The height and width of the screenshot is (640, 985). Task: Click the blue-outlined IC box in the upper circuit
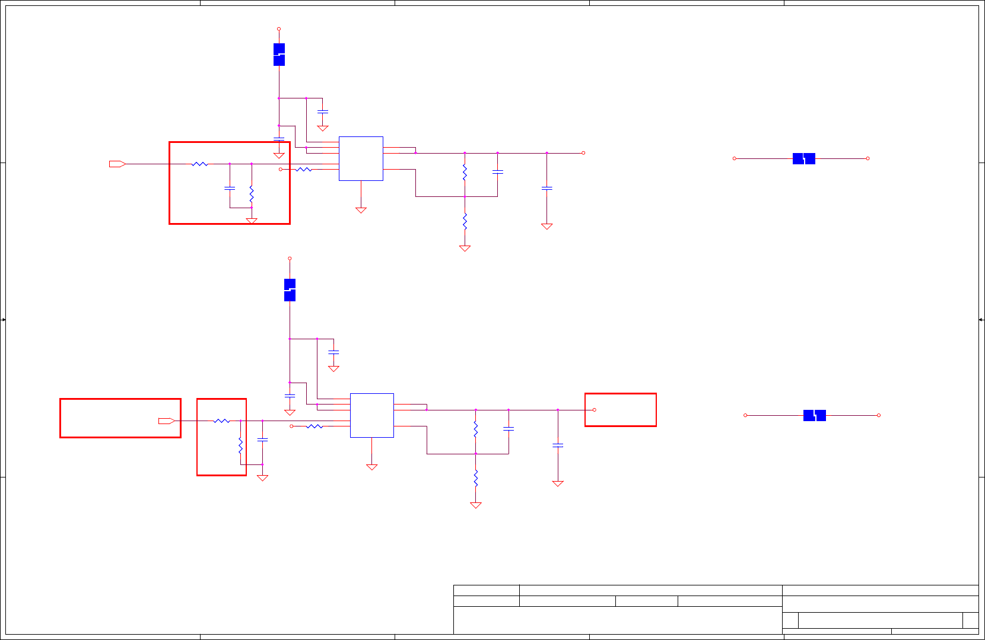[361, 158]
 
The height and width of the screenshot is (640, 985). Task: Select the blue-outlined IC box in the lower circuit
[372, 415]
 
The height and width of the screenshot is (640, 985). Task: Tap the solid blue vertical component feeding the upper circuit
[279, 55]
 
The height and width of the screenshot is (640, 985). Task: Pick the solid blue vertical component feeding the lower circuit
[290, 290]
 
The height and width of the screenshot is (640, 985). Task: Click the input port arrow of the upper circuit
[117, 164]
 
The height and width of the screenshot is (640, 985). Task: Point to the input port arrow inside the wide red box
[166, 421]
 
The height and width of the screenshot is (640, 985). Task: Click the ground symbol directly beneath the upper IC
[361, 210]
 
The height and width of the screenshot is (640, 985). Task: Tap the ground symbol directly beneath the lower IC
[372, 467]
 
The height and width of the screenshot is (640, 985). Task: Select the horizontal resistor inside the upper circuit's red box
[200, 164]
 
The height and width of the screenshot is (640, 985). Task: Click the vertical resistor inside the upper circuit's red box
[252, 193]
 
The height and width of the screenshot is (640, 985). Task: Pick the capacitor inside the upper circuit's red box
[230, 188]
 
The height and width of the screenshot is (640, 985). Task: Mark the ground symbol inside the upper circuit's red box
[252, 221]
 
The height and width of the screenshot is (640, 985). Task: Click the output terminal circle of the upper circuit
[583, 153]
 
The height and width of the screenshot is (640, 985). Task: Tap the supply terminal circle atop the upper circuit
[279, 29]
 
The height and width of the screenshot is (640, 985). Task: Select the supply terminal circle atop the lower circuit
[290, 259]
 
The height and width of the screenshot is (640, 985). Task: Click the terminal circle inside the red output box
[594, 410]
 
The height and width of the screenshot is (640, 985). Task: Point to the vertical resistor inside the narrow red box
[240, 445]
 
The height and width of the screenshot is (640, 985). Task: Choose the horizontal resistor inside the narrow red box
[221, 421]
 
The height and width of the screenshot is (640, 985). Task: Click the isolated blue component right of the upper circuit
[804, 158]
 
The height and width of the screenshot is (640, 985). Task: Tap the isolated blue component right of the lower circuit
[815, 415]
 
